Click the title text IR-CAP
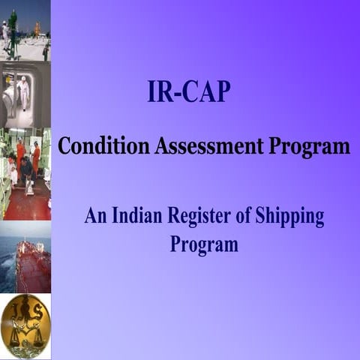[x=189, y=92]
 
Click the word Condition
[x=103, y=145]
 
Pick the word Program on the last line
[x=203, y=244]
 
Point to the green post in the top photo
[x=12, y=27]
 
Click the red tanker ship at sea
[x=34, y=267]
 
